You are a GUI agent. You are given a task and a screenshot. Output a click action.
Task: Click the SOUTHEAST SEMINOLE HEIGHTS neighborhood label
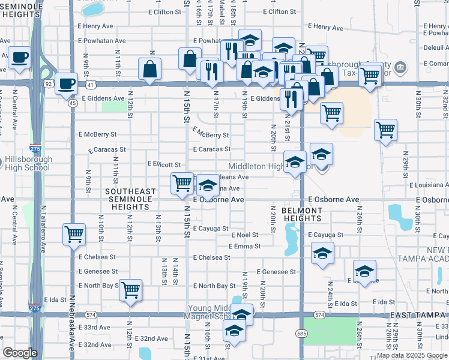tap(131, 199)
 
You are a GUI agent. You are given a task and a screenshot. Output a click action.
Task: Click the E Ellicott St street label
tap(164, 164)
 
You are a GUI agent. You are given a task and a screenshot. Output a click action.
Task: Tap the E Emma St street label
tap(244, 246)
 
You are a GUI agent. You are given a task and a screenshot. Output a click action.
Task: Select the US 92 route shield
tap(48, 85)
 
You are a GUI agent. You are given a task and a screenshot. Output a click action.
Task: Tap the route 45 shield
tap(72, 103)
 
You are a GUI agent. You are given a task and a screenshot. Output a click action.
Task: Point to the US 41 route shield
tap(89, 85)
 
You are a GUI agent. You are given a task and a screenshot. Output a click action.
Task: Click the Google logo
tap(20, 353)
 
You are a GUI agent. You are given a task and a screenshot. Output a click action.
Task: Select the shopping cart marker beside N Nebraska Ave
tap(74, 234)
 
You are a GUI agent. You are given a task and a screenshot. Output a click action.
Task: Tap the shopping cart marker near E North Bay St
tap(130, 290)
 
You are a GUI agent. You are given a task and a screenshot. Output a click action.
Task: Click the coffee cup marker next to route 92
tap(67, 83)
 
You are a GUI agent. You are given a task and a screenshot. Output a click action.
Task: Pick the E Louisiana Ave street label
tap(427, 185)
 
